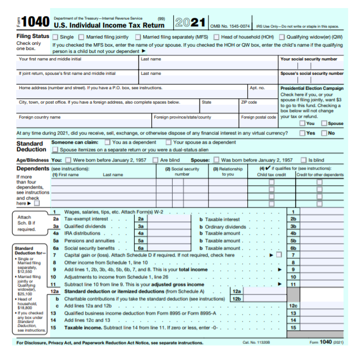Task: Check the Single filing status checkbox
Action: click(56, 37)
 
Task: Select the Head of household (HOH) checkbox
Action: click(216, 37)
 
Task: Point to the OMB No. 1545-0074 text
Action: click(230, 26)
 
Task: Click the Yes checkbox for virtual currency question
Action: click(303, 133)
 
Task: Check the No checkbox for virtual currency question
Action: click(324, 133)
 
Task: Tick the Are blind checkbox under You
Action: click(155, 160)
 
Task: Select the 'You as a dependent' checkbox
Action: click(108, 142)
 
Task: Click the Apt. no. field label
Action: click(257, 88)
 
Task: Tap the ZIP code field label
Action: click(249, 102)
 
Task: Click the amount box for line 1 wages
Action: click(322, 212)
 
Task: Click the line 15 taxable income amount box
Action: click(322, 327)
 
